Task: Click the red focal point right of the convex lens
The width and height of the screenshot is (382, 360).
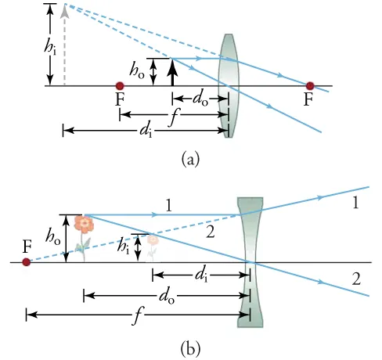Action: click(x=311, y=85)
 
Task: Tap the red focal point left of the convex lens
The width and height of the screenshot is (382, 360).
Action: click(x=120, y=85)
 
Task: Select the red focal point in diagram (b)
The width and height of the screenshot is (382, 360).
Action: click(x=27, y=262)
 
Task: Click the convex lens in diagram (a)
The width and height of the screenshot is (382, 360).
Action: click(x=229, y=85)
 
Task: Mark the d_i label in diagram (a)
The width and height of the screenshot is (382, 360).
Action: click(x=146, y=131)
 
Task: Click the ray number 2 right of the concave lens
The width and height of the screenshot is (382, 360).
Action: click(x=355, y=279)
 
